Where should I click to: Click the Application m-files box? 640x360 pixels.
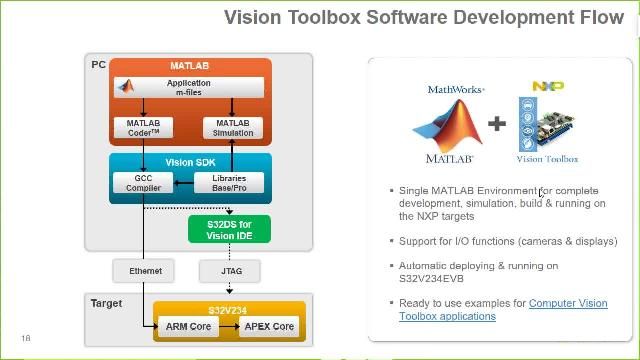tap(190, 87)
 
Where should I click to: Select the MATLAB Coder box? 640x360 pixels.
tap(143, 128)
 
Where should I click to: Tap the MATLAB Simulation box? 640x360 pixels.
tap(234, 128)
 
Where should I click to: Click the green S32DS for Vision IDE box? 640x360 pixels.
tap(229, 229)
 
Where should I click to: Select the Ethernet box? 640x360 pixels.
tap(145, 270)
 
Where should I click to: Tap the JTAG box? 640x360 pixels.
tap(229, 270)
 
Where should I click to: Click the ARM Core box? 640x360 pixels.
tap(187, 327)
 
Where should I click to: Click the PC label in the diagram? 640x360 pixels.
tap(98, 65)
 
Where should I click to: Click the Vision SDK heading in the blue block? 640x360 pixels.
tap(189, 162)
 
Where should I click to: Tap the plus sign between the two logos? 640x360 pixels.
tap(497, 124)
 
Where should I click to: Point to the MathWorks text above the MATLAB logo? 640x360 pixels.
tap(456, 89)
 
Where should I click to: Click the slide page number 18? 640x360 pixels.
tap(26, 338)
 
